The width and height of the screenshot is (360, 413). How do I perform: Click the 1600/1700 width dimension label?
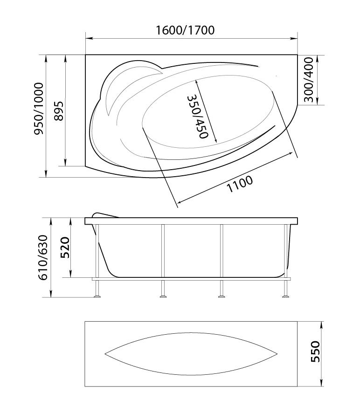[185, 30]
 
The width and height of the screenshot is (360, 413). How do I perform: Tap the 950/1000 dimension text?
[39, 109]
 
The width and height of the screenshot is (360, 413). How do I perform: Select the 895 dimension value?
[59, 111]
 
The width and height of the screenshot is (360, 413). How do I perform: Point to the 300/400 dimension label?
[308, 80]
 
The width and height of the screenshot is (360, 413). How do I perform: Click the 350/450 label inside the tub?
[198, 117]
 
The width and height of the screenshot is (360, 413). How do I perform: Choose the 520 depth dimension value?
[65, 248]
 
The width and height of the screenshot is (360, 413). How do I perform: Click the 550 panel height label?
[315, 351]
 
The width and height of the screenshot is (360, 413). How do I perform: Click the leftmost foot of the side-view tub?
[97, 296]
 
